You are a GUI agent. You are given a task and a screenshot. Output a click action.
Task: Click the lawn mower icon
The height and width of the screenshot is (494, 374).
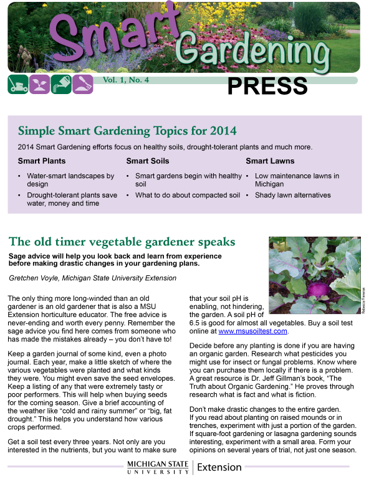pyautogui.click(x=17, y=83)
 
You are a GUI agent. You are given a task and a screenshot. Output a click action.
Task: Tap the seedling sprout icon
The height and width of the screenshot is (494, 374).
pyautogui.click(x=39, y=83)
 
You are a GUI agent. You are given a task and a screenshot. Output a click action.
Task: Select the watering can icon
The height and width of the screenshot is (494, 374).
pyautogui.click(x=60, y=83)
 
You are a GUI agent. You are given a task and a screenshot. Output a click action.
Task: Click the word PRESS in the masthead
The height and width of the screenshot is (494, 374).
pyautogui.click(x=267, y=87)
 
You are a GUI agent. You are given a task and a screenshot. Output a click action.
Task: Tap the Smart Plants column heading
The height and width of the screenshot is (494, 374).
pyautogui.click(x=42, y=161)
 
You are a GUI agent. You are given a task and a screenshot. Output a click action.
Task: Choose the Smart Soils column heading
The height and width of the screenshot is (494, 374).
pyautogui.click(x=147, y=161)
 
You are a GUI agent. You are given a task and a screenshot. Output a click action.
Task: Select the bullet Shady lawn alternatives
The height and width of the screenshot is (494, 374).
pyautogui.click(x=292, y=195)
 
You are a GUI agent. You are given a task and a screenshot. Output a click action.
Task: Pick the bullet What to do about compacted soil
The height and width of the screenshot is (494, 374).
pyautogui.click(x=187, y=195)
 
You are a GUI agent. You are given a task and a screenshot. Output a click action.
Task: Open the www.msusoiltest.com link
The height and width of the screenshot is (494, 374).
pyautogui.click(x=252, y=331)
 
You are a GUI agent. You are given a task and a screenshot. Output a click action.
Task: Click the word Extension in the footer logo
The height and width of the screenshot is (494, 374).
pyautogui.click(x=219, y=467)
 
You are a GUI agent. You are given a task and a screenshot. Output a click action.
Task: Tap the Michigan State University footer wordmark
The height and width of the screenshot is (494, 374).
pyautogui.click(x=158, y=468)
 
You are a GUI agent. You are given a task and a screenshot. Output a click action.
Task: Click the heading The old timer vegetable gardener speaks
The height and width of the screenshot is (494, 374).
pyautogui.click(x=122, y=242)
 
